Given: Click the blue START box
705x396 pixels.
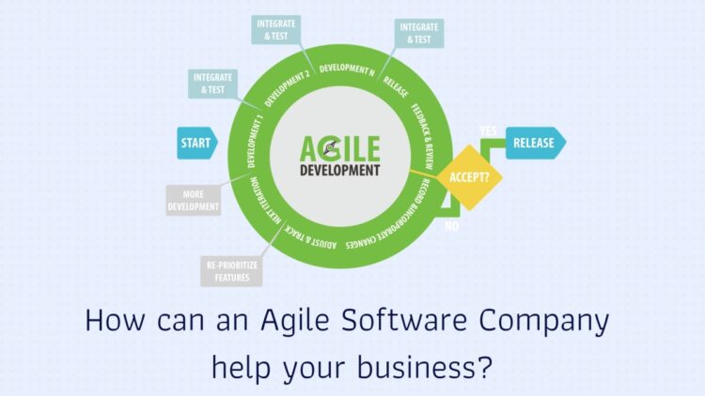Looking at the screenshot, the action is click(x=197, y=144).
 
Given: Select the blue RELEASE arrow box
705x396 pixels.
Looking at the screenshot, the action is click(x=536, y=143).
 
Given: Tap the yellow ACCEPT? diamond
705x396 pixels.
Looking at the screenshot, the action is click(x=469, y=177).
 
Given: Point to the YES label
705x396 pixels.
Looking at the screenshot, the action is click(x=488, y=130).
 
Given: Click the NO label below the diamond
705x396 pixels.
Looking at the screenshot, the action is click(x=451, y=226).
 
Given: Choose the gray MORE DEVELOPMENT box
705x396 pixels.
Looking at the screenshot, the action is click(x=194, y=200).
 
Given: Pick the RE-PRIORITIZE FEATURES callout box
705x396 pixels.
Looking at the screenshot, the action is click(x=231, y=271).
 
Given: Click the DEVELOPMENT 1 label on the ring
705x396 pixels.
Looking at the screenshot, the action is click(x=255, y=142).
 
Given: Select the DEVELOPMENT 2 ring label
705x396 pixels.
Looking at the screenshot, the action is click(x=287, y=88).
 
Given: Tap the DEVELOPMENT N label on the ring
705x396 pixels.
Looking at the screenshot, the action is click(x=347, y=69).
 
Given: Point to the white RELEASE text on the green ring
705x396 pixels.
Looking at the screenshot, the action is click(x=396, y=86).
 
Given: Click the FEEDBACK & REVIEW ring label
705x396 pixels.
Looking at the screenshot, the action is click(x=423, y=136).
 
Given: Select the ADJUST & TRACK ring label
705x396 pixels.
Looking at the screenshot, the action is click(x=310, y=236).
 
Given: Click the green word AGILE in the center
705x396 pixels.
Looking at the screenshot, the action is click(x=340, y=148).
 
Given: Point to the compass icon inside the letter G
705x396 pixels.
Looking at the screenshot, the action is click(x=331, y=147).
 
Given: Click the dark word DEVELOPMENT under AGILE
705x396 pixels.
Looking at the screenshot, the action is click(x=340, y=171).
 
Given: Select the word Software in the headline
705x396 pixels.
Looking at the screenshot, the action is click(x=404, y=320).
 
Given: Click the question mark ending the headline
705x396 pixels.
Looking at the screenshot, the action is click(x=485, y=367).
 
